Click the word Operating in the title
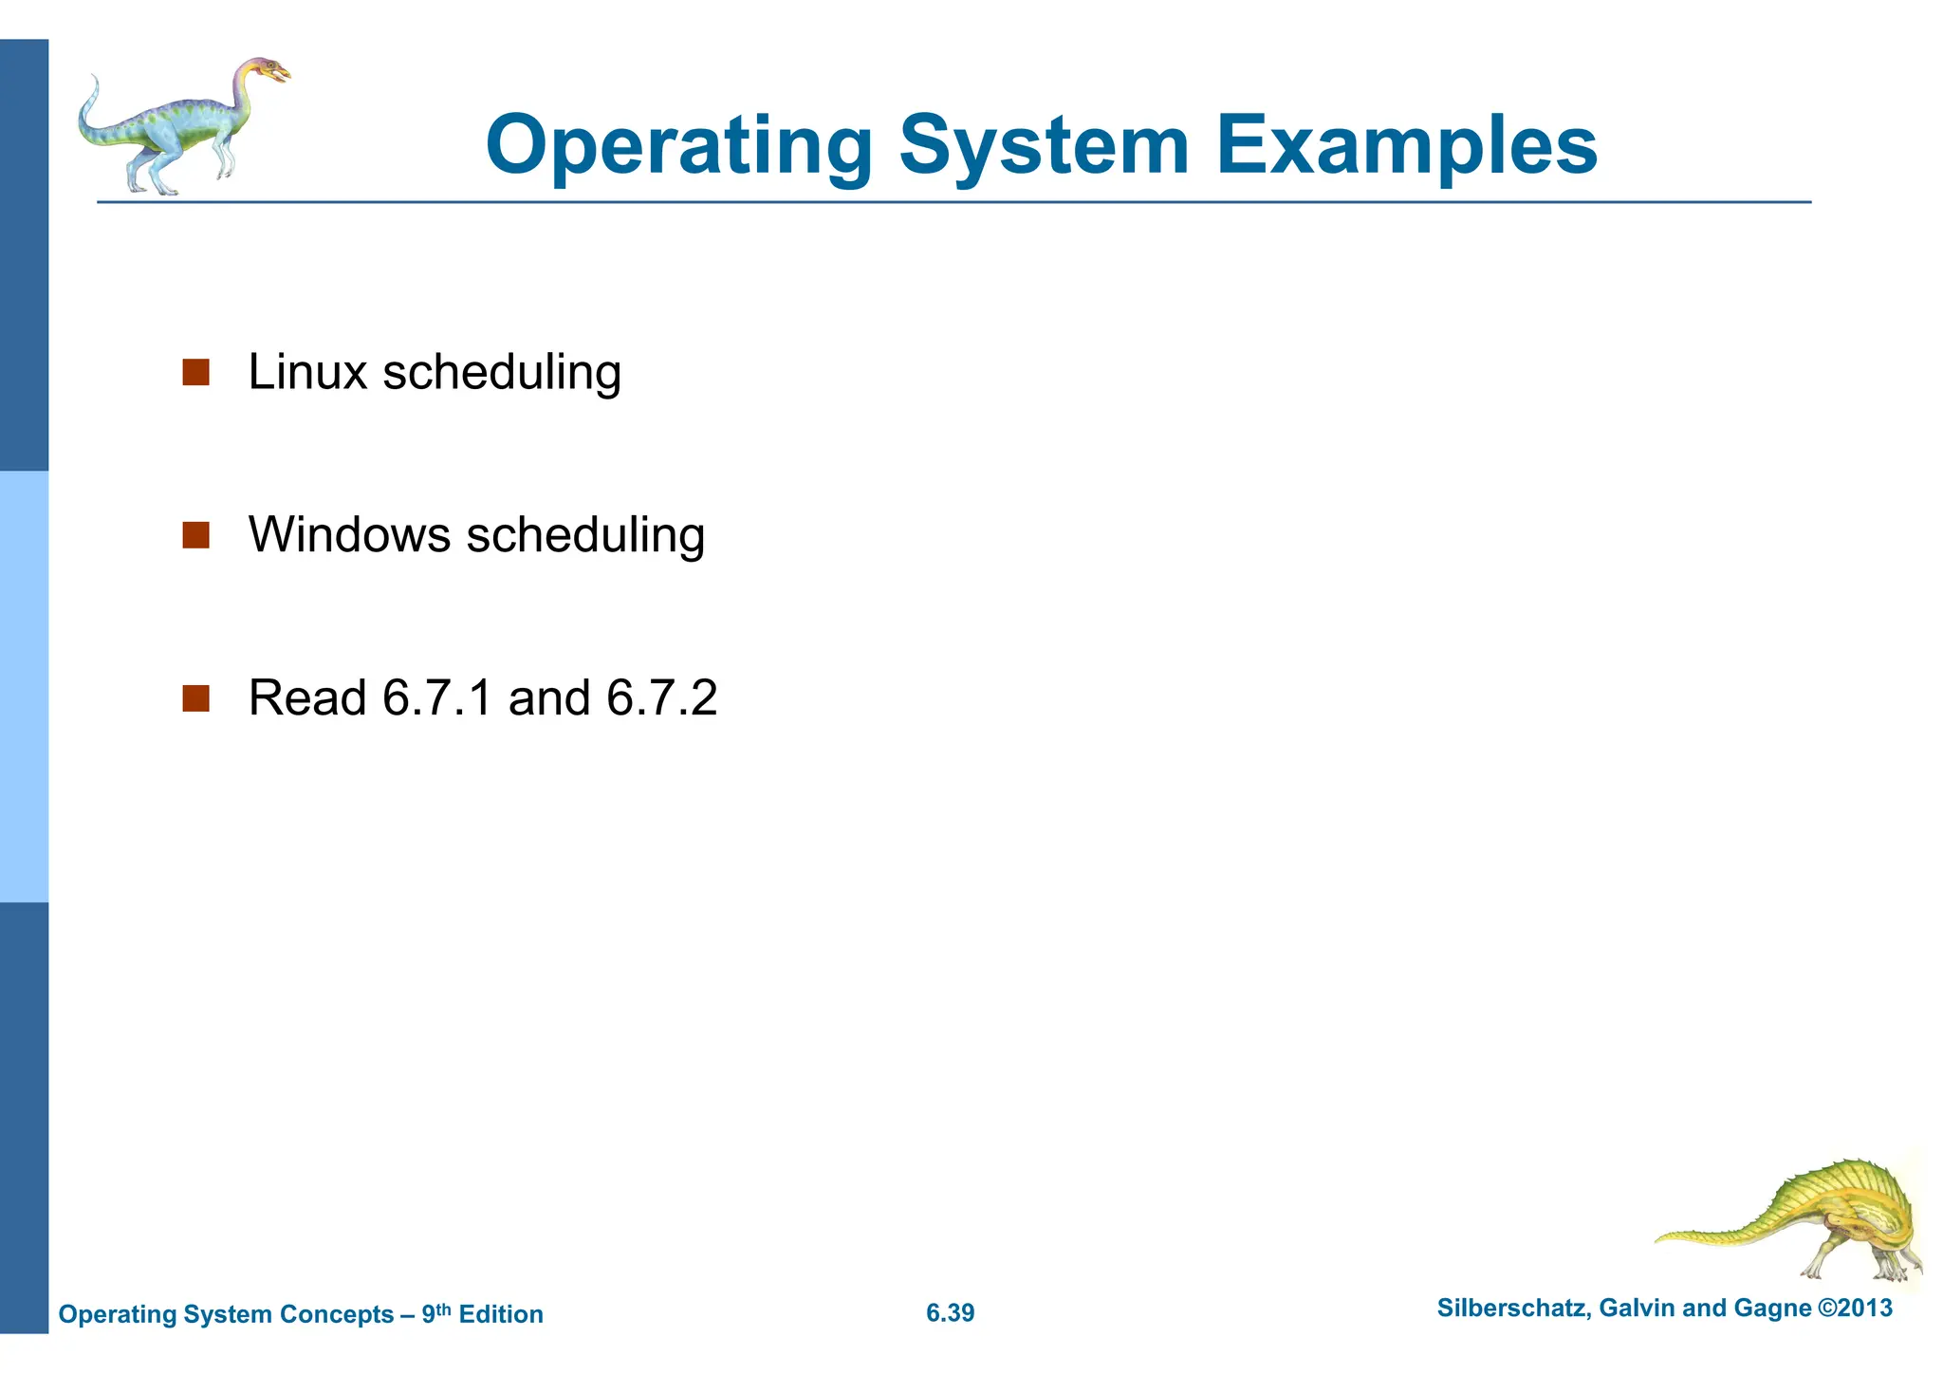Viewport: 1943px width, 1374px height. [678, 147]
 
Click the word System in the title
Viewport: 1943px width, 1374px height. [1044, 147]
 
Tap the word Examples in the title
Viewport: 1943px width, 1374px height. [1406, 147]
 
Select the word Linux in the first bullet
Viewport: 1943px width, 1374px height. [307, 372]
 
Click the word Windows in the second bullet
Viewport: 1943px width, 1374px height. [349, 535]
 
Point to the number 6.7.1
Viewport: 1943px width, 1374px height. [437, 698]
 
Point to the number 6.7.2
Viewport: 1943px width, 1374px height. [661, 698]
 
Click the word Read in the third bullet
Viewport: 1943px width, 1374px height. [307, 698]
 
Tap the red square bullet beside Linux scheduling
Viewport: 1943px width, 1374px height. [195, 372]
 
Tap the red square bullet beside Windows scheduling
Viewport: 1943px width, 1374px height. [195, 535]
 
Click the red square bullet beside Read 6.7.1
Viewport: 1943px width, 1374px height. [195, 699]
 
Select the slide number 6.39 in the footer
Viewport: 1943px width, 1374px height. [950, 1313]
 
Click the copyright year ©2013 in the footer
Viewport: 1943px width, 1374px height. [1854, 1309]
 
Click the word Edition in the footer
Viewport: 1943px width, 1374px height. [501, 1314]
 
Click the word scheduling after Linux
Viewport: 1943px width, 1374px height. [502, 372]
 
